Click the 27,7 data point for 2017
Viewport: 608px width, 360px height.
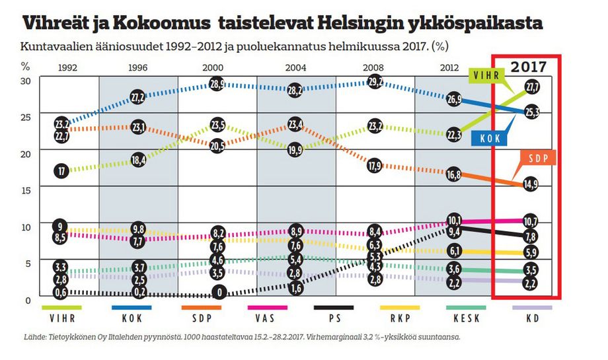click(532, 87)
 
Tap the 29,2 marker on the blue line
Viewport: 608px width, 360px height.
click(375, 83)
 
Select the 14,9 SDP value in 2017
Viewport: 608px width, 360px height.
click(530, 184)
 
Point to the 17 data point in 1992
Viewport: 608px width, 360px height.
click(61, 171)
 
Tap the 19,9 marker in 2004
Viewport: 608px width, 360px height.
click(295, 150)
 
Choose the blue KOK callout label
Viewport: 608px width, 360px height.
click(490, 138)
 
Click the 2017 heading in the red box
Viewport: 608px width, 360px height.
click(529, 66)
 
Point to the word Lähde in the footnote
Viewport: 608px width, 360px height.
click(34, 337)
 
